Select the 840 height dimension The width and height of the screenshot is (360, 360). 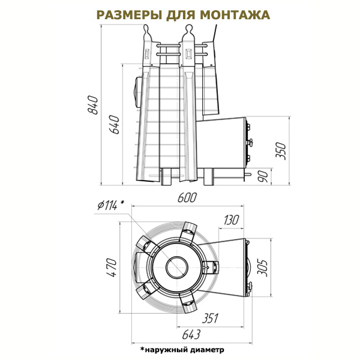(93, 105)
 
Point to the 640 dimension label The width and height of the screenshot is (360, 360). (114, 125)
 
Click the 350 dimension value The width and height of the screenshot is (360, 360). (281, 151)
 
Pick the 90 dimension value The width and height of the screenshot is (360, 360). (263, 176)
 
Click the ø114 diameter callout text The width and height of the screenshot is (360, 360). (110, 205)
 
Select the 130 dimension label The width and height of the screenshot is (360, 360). (231, 220)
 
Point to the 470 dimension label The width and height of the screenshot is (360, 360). (112, 268)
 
